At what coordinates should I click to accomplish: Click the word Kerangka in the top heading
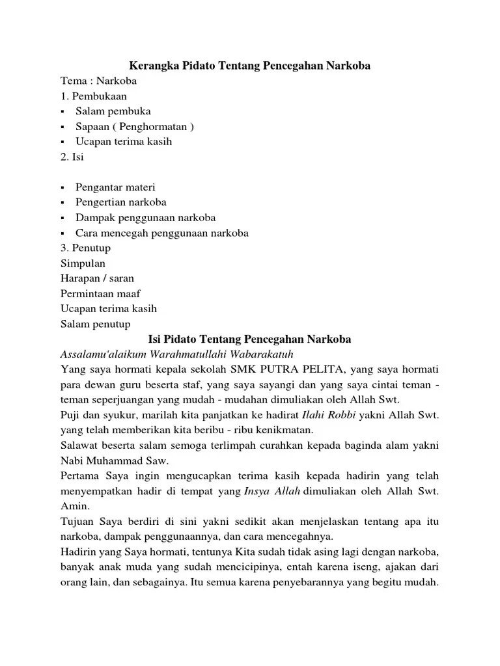point(152,66)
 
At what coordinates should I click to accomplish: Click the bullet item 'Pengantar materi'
point(115,187)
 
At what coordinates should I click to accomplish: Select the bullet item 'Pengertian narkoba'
point(120,202)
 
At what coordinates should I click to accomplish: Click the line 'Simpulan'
point(83,263)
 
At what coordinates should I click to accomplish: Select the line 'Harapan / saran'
point(97,278)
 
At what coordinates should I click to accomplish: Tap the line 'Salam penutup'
point(95,324)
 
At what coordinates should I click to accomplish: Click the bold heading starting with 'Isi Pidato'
point(249,339)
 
